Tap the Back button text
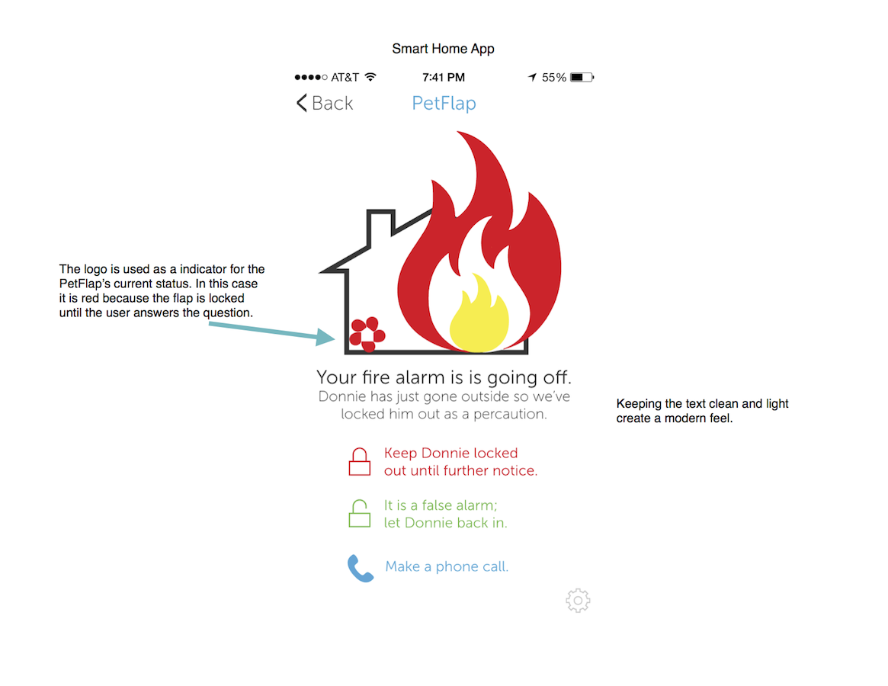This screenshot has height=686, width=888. click(332, 103)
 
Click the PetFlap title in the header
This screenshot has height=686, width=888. click(444, 103)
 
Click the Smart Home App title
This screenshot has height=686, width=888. click(444, 49)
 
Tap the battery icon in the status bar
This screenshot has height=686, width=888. click(582, 77)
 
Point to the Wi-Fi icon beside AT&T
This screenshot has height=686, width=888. click(370, 77)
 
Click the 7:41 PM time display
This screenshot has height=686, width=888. click(444, 77)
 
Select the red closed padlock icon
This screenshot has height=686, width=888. click(360, 462)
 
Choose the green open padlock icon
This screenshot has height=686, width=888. click(360, 514)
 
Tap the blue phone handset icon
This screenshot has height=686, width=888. click(361, 568)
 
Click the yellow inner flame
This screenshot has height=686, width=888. click(479, 313)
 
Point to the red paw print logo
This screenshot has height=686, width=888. click(367, 335)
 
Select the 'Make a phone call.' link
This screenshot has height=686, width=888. click(447, 566)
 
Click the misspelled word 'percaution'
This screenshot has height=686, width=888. click(510, 414)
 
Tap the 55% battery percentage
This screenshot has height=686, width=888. click(554, 77)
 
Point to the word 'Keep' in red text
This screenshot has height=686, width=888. click(400, 454)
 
